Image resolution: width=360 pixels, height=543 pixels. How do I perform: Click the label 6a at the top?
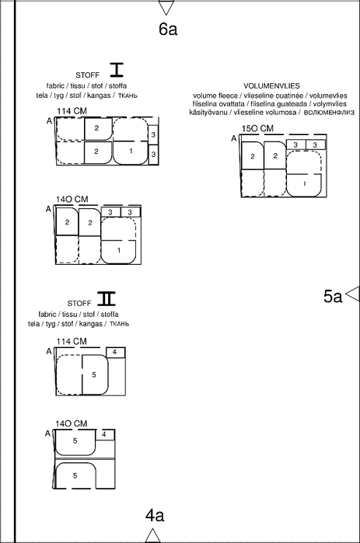point(168,29)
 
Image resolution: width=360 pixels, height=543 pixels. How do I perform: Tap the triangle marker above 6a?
point(166,7)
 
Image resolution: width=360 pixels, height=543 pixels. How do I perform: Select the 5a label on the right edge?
point(333,297)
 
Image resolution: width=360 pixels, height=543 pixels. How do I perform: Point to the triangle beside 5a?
point(353,294)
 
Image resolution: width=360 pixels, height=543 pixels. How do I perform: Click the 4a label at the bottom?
point(155,515)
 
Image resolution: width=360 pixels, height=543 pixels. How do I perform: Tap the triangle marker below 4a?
point(153,535)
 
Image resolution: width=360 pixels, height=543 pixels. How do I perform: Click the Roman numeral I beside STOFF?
point(117,70)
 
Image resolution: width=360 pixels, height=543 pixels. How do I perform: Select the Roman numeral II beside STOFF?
point(106,298)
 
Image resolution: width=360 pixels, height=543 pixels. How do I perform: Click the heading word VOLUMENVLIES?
point(271,86)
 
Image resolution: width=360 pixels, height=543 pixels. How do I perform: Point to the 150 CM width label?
point(257,128)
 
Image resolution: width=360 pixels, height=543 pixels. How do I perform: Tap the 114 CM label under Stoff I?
point(72,111)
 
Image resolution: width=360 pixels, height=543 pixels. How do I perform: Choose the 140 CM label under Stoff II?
point(72,423)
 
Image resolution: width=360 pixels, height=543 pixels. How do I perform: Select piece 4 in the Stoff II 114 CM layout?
point(115,352)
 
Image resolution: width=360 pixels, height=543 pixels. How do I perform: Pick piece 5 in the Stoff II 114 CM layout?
point(95,374)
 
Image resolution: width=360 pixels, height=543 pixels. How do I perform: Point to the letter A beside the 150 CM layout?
point(234,138)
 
